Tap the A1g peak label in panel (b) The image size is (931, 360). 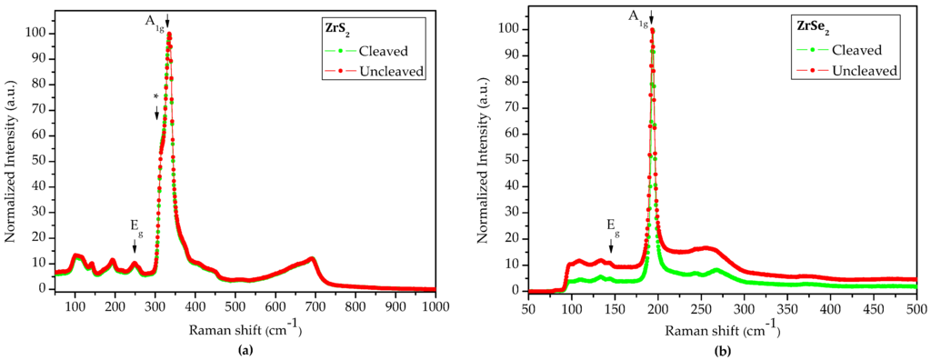point(637,16)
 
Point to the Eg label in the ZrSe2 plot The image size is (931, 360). point(613,224)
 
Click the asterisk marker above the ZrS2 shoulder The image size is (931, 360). point(156,97)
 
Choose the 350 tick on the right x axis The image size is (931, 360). point(787,308)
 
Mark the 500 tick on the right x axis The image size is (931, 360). point(916,308)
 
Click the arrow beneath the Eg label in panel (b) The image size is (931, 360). point(611,245)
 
